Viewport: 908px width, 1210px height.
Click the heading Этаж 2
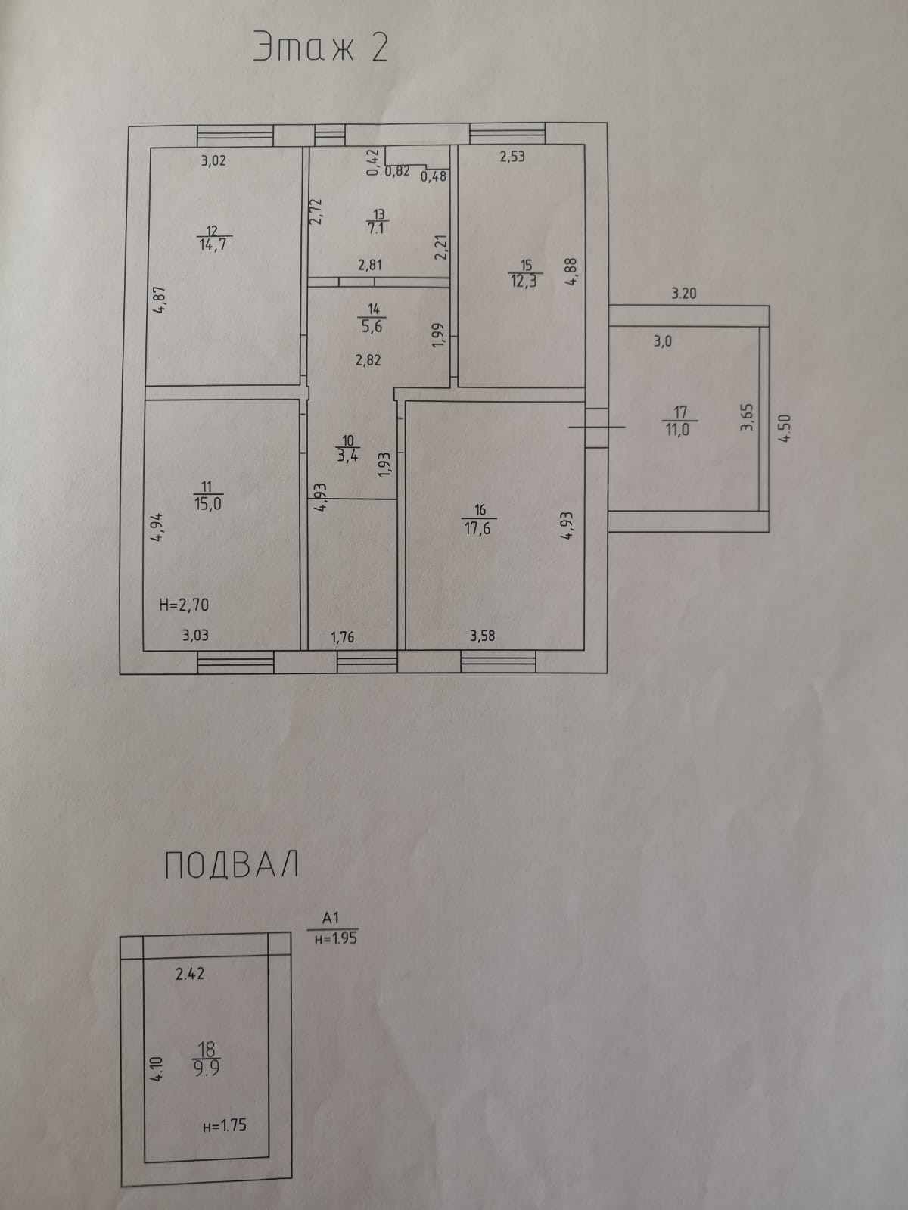click(321, 48)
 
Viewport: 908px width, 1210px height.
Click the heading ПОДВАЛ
click(231, 865)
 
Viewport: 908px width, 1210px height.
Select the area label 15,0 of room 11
click(207, 503)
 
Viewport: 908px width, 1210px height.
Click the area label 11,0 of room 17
click(677, 429)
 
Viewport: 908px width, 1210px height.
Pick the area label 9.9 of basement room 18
click(206, 1068)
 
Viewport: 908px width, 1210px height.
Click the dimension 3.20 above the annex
click(684, 293)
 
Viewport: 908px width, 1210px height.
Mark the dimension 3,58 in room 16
click(482, 636)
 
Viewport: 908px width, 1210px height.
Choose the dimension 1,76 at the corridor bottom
click(342, 637)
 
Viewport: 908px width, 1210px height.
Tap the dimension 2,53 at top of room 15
click(512, 157)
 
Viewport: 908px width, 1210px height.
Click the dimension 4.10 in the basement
click(157, 1068)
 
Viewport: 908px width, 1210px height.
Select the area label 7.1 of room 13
click(376, 228)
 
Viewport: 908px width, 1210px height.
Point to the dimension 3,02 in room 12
click(213, 160)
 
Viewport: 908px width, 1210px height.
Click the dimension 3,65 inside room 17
click(747, 417)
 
